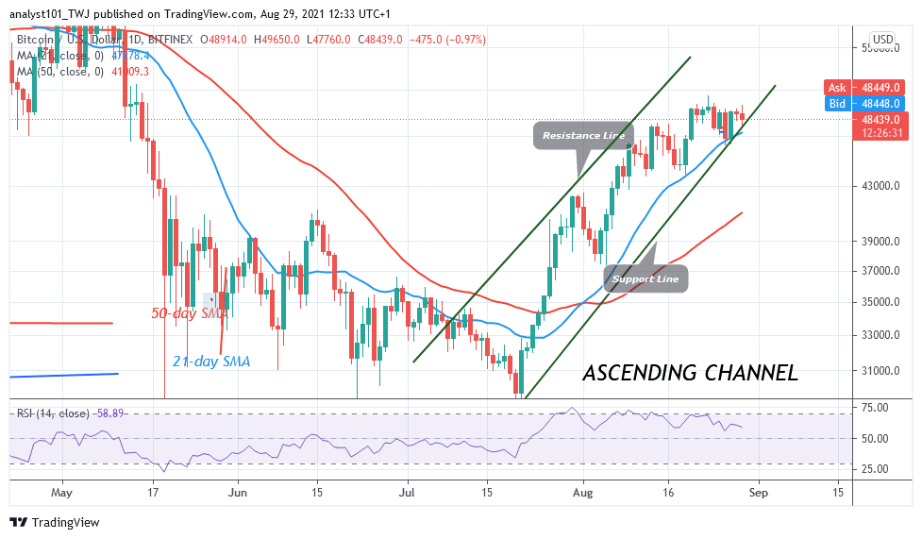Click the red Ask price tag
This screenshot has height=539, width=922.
[x=868, y=86]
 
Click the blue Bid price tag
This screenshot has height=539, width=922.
[x=868, y=103]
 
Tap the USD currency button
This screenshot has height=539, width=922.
[x=882, y=40]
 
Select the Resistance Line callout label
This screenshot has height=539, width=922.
[x=582, y=136]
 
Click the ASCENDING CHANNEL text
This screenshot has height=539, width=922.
[x=690, y=373]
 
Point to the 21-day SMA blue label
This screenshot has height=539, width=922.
[x=211, y=360]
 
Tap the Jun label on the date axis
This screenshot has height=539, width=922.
[x=238, y=493]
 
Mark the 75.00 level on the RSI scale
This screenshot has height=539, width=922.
[x=874, y=408]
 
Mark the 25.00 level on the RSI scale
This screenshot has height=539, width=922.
[x=874, y=469]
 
